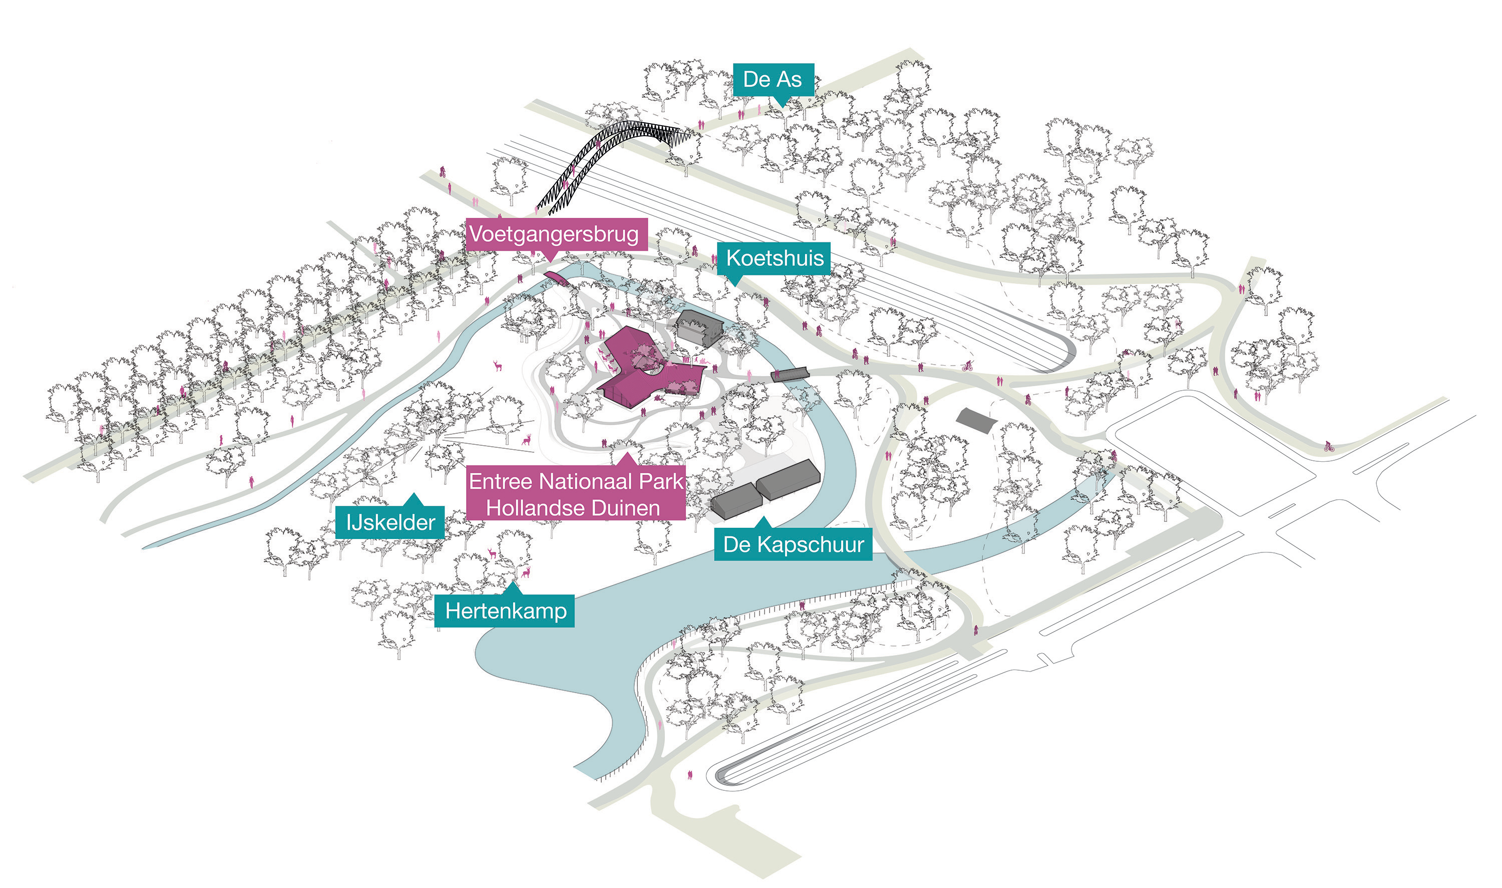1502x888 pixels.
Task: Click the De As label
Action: click(774, 80)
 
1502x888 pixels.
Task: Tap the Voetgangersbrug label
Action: click(554, 234)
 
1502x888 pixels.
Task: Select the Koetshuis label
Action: click(774, 258)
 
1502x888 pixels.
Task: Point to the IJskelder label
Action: click(390, 523)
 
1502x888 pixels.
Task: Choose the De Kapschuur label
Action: click(793, 544)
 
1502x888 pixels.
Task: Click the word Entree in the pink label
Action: click(500, 482)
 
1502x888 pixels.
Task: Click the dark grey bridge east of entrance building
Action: click(790, 375)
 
